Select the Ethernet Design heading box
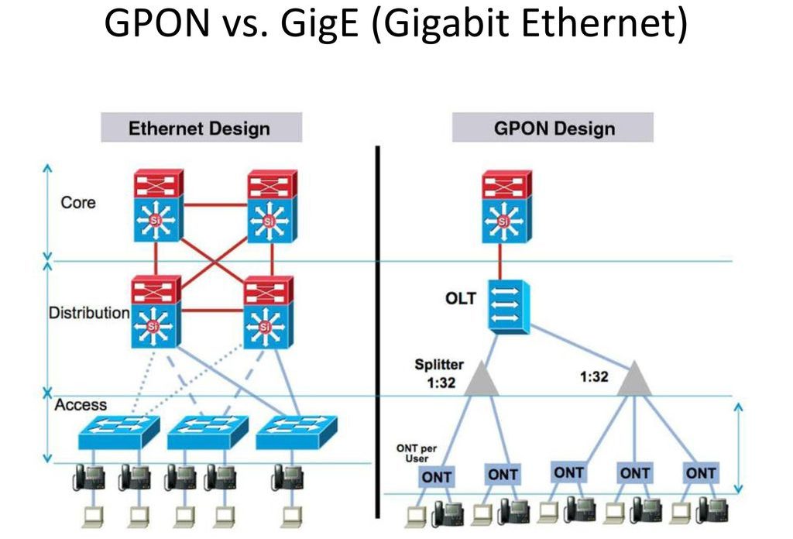(x=200, y=128)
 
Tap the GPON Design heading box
(x=554, y=128)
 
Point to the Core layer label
(x=78, y=202)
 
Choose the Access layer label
(x=81, y=404)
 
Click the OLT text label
(x=460, y=297)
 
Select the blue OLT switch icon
(x=507, y=304)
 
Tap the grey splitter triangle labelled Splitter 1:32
(x=482, y=378)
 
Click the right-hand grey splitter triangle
(x=634, y=378)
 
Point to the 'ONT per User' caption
(x=417, y=453)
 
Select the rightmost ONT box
(x=701, y=472)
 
